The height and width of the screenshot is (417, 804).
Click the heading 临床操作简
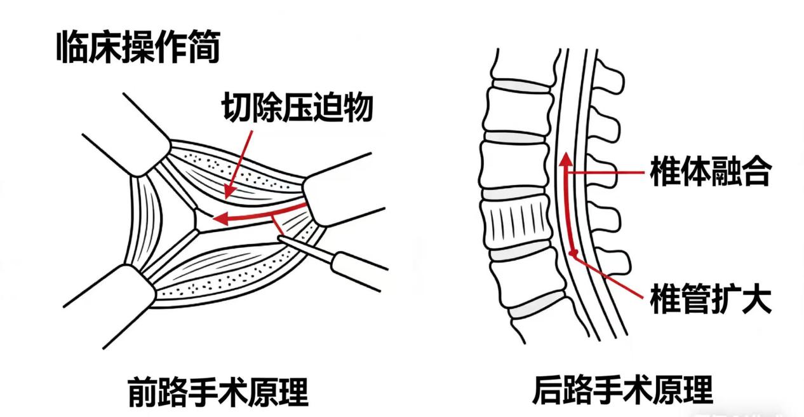point(138,47)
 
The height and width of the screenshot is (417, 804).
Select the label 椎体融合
point(710,171)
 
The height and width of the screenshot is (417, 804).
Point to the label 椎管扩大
point(710,298)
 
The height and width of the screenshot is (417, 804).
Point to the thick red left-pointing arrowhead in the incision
point(219,219)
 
